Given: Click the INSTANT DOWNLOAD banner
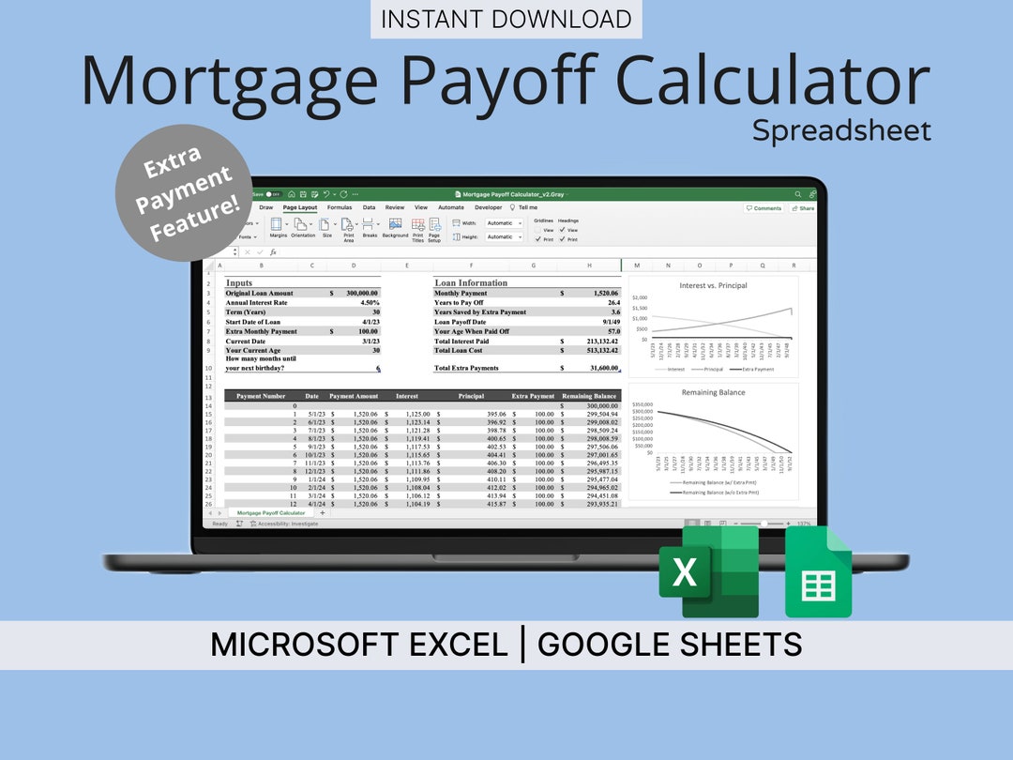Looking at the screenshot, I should (506, 19).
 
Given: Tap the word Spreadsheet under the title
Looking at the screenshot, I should (841, 130).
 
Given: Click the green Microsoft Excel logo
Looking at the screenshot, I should (708, 571).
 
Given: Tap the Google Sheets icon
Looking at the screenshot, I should (818, 571).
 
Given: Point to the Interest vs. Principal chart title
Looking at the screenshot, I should (713, 285).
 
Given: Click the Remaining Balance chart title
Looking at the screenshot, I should (713, 392).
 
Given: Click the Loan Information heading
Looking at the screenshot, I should (471, 282).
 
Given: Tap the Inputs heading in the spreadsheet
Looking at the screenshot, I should (239, 282).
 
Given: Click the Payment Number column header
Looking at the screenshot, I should (261, 396).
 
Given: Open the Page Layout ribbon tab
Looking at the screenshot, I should (300, 207).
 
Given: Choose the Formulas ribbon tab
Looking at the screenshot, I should (340, 207).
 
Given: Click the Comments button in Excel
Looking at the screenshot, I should (764, 208).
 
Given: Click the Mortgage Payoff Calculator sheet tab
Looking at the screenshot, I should (270, 513).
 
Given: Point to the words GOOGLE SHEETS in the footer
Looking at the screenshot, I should (670, 645).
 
